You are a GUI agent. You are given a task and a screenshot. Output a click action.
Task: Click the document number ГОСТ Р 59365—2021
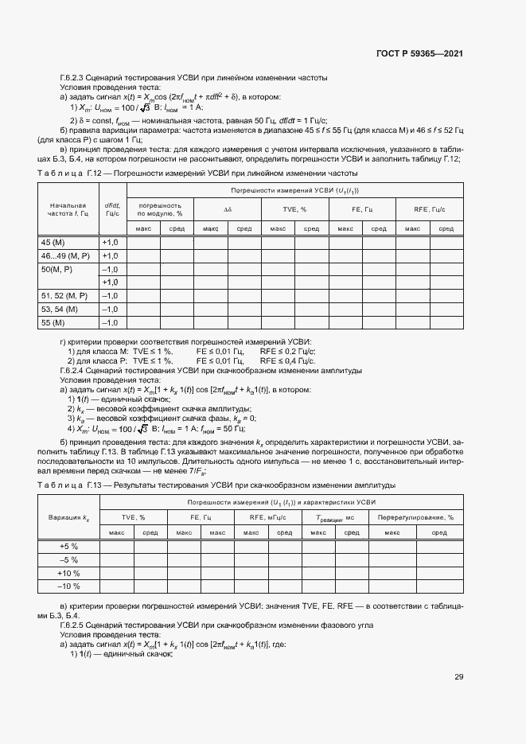[419, 53]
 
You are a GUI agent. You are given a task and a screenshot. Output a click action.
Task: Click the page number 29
[459, 677]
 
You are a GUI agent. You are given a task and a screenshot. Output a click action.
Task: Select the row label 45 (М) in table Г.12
[51, 241]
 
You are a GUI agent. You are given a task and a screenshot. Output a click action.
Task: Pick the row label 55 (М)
[51, 322]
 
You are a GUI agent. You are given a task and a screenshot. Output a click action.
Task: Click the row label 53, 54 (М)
[59, 309]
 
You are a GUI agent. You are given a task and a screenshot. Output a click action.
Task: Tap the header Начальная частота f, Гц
[67, 209]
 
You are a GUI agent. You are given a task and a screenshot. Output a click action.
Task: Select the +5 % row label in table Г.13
[68, 546]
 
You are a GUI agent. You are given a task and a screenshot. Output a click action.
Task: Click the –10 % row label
[68, 586]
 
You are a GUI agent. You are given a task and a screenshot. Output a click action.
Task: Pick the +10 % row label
[68, 573]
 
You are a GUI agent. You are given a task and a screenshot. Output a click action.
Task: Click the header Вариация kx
[68, 518]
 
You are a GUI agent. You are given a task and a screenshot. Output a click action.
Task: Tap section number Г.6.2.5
[75, 625]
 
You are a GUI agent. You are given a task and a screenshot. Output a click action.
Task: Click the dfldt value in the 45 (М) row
[109, 241]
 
